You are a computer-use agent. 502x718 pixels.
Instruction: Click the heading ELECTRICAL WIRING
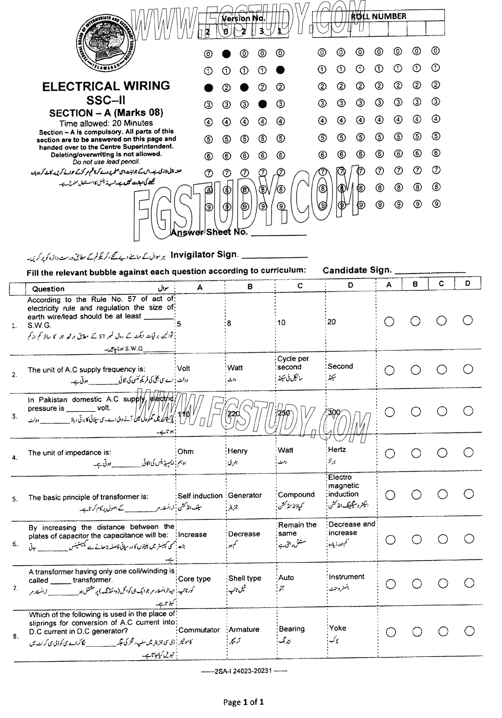[x=106, y=86]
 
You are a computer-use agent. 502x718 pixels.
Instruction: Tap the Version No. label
[x=243, y=18]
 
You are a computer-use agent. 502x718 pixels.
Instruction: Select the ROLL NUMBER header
[x=378, y=16]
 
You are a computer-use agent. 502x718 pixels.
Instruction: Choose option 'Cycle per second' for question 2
[x=293, y=363]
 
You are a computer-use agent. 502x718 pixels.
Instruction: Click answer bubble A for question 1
[x=389, y=321]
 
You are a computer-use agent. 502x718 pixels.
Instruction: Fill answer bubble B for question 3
[x=416, y=411]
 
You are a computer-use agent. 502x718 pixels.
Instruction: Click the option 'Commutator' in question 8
[x=199, y=630]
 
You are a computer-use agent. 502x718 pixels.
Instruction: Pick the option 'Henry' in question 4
[x=238, y=451]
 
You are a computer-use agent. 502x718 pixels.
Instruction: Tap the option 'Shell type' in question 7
[x=245, y=578]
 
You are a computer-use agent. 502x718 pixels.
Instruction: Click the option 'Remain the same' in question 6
[x=297, y=529]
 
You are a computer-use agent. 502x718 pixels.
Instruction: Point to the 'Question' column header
[x=48, y=289]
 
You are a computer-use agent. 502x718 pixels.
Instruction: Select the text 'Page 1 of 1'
[x=243, y=702]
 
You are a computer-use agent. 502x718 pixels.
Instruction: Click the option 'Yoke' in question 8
[x=338, y=628]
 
